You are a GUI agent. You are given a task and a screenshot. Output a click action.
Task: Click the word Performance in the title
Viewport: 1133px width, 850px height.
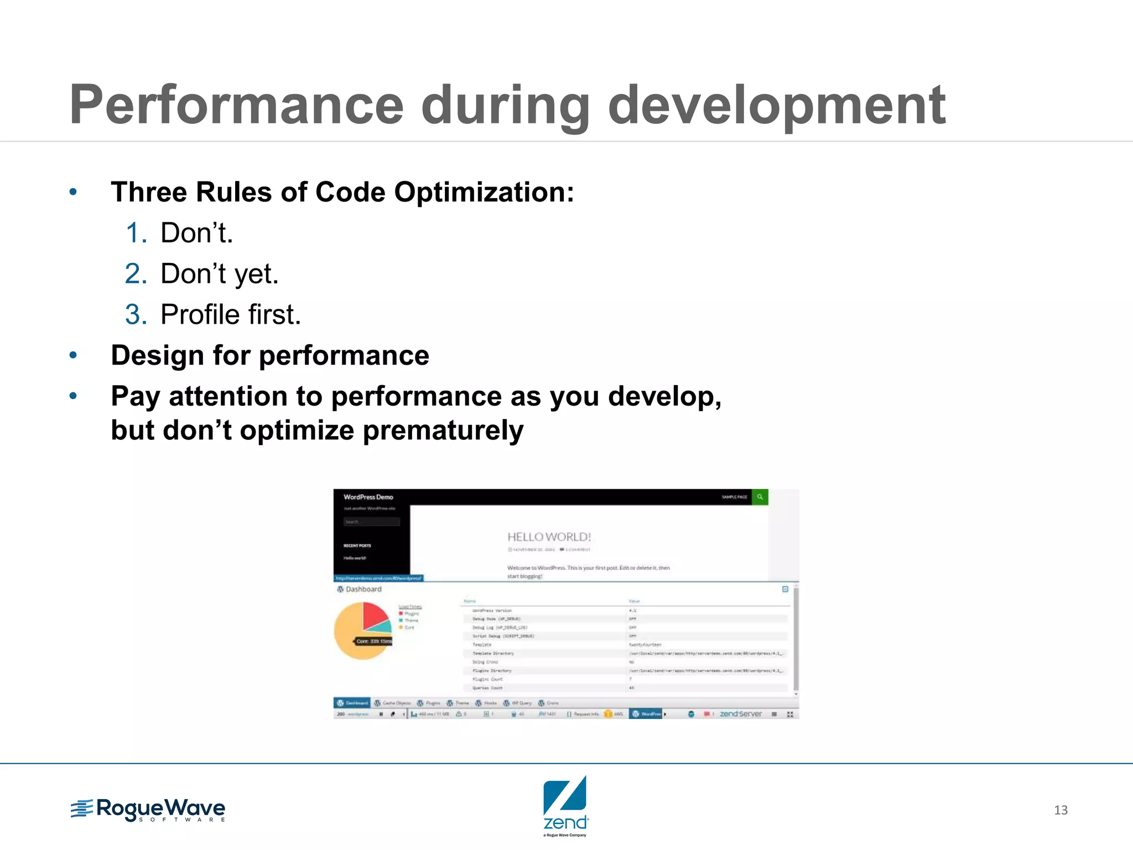pyautogui.click(x=237, y=105)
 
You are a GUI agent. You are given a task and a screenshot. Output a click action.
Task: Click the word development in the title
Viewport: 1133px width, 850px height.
pyautogui.click(x=777, y=105)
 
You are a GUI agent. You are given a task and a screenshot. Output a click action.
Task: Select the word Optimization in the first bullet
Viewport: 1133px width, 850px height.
pyautogui.click(x=484, y=192)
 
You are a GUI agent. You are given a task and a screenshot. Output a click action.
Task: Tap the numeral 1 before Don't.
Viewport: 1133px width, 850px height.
pyautogui.click(x=135, y=232)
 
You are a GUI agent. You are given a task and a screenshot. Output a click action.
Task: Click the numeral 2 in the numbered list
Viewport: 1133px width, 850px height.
pyautogui.click(x=136, y=273)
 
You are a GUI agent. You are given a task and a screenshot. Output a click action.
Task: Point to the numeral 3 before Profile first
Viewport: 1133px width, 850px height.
pyautogui.click(x=136, y=314)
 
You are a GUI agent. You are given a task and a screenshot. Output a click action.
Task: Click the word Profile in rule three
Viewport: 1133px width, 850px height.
pyautogui.click(x=200, y=314)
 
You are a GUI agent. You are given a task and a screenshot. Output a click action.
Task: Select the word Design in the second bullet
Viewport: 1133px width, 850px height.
pyautogui.click(x=157, y=355)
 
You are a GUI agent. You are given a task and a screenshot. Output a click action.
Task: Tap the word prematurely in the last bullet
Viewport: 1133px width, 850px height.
pyautogui.click(x=443, y=431)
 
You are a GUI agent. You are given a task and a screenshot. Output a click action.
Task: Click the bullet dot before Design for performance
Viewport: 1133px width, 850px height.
pyautogui.click(x=73, y=355)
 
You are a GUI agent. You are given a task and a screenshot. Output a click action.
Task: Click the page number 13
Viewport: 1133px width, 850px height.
pyautogui.click(x=1061, y=810)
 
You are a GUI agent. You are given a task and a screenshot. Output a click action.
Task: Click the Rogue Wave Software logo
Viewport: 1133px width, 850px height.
pyautogui.click(x=148, y=810)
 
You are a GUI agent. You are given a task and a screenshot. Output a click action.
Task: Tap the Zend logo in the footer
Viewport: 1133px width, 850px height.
pyautogui.click(x=565, y=806)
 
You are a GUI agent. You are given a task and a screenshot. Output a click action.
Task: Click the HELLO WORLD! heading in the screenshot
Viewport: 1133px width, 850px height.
pyautogui.click(x=549, y=537)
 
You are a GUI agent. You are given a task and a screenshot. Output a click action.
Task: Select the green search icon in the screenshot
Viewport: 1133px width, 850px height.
pyautogui.click(x=760, y=497)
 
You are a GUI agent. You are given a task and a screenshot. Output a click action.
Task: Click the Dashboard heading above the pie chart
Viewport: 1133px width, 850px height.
pyautogui.click(x=363, y=589)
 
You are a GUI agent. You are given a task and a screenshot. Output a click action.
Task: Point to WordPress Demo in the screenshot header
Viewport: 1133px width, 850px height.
pyautogui.click(x=368, y=497)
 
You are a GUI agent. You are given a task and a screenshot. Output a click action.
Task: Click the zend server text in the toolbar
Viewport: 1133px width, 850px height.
pyautogui.click(x=740, y=714)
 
